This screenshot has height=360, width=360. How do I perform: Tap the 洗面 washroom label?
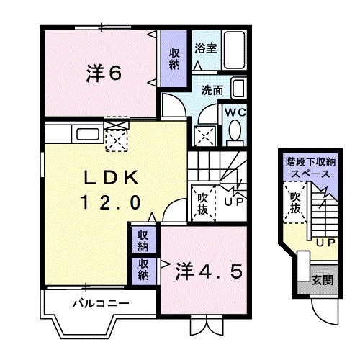(212, 91)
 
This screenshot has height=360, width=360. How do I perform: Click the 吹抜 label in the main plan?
(203, 202)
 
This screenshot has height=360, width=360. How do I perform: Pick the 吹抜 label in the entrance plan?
(295, 202)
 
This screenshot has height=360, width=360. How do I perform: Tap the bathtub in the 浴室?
(234, 48)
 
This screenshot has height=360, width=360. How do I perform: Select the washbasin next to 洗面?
(240, 89)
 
